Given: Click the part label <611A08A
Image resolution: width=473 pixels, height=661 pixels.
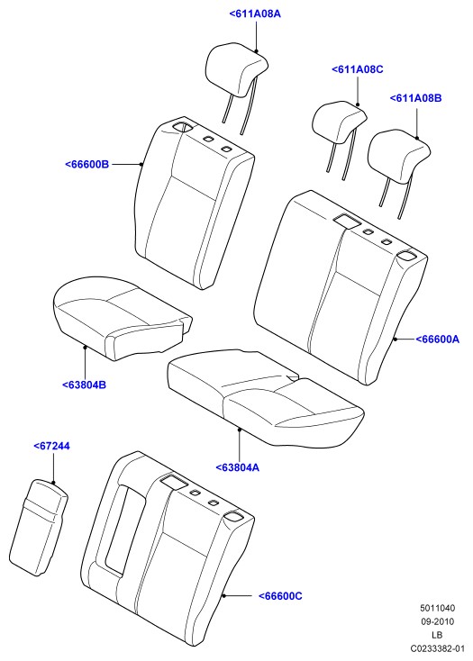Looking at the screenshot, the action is [x=255, y=14].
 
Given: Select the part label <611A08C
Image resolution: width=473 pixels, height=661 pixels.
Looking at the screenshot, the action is [x=358, y=69].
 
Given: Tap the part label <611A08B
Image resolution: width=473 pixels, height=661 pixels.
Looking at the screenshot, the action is [x=415, y=98].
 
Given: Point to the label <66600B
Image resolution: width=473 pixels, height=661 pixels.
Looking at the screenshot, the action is [x=86, y=164].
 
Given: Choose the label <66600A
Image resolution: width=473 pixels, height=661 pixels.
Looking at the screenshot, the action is [x=437, y=339].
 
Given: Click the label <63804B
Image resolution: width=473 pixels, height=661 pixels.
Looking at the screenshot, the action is [x=84, y=385].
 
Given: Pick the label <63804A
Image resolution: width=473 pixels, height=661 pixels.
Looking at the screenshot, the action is [x=237, y=467].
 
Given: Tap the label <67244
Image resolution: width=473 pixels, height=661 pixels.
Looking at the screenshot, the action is [x=51, y=446].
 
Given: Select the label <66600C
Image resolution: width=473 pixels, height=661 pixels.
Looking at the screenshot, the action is [x=280, y=595].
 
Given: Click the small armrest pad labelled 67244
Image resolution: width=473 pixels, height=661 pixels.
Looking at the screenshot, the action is [x=39, y=527].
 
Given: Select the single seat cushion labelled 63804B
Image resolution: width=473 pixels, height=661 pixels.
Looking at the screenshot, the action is [x=123, y=318].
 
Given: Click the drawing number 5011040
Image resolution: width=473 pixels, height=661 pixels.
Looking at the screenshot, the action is [x=437, y=608].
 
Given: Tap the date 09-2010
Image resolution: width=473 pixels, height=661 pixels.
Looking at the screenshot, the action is [x=437, y=621].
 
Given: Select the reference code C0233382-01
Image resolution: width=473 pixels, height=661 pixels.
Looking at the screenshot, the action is [x=437, y=648].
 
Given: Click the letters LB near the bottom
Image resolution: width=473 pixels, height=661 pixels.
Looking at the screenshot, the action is [x=437, y=635].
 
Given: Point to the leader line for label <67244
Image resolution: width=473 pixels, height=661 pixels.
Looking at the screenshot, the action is [x=53, y=467].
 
